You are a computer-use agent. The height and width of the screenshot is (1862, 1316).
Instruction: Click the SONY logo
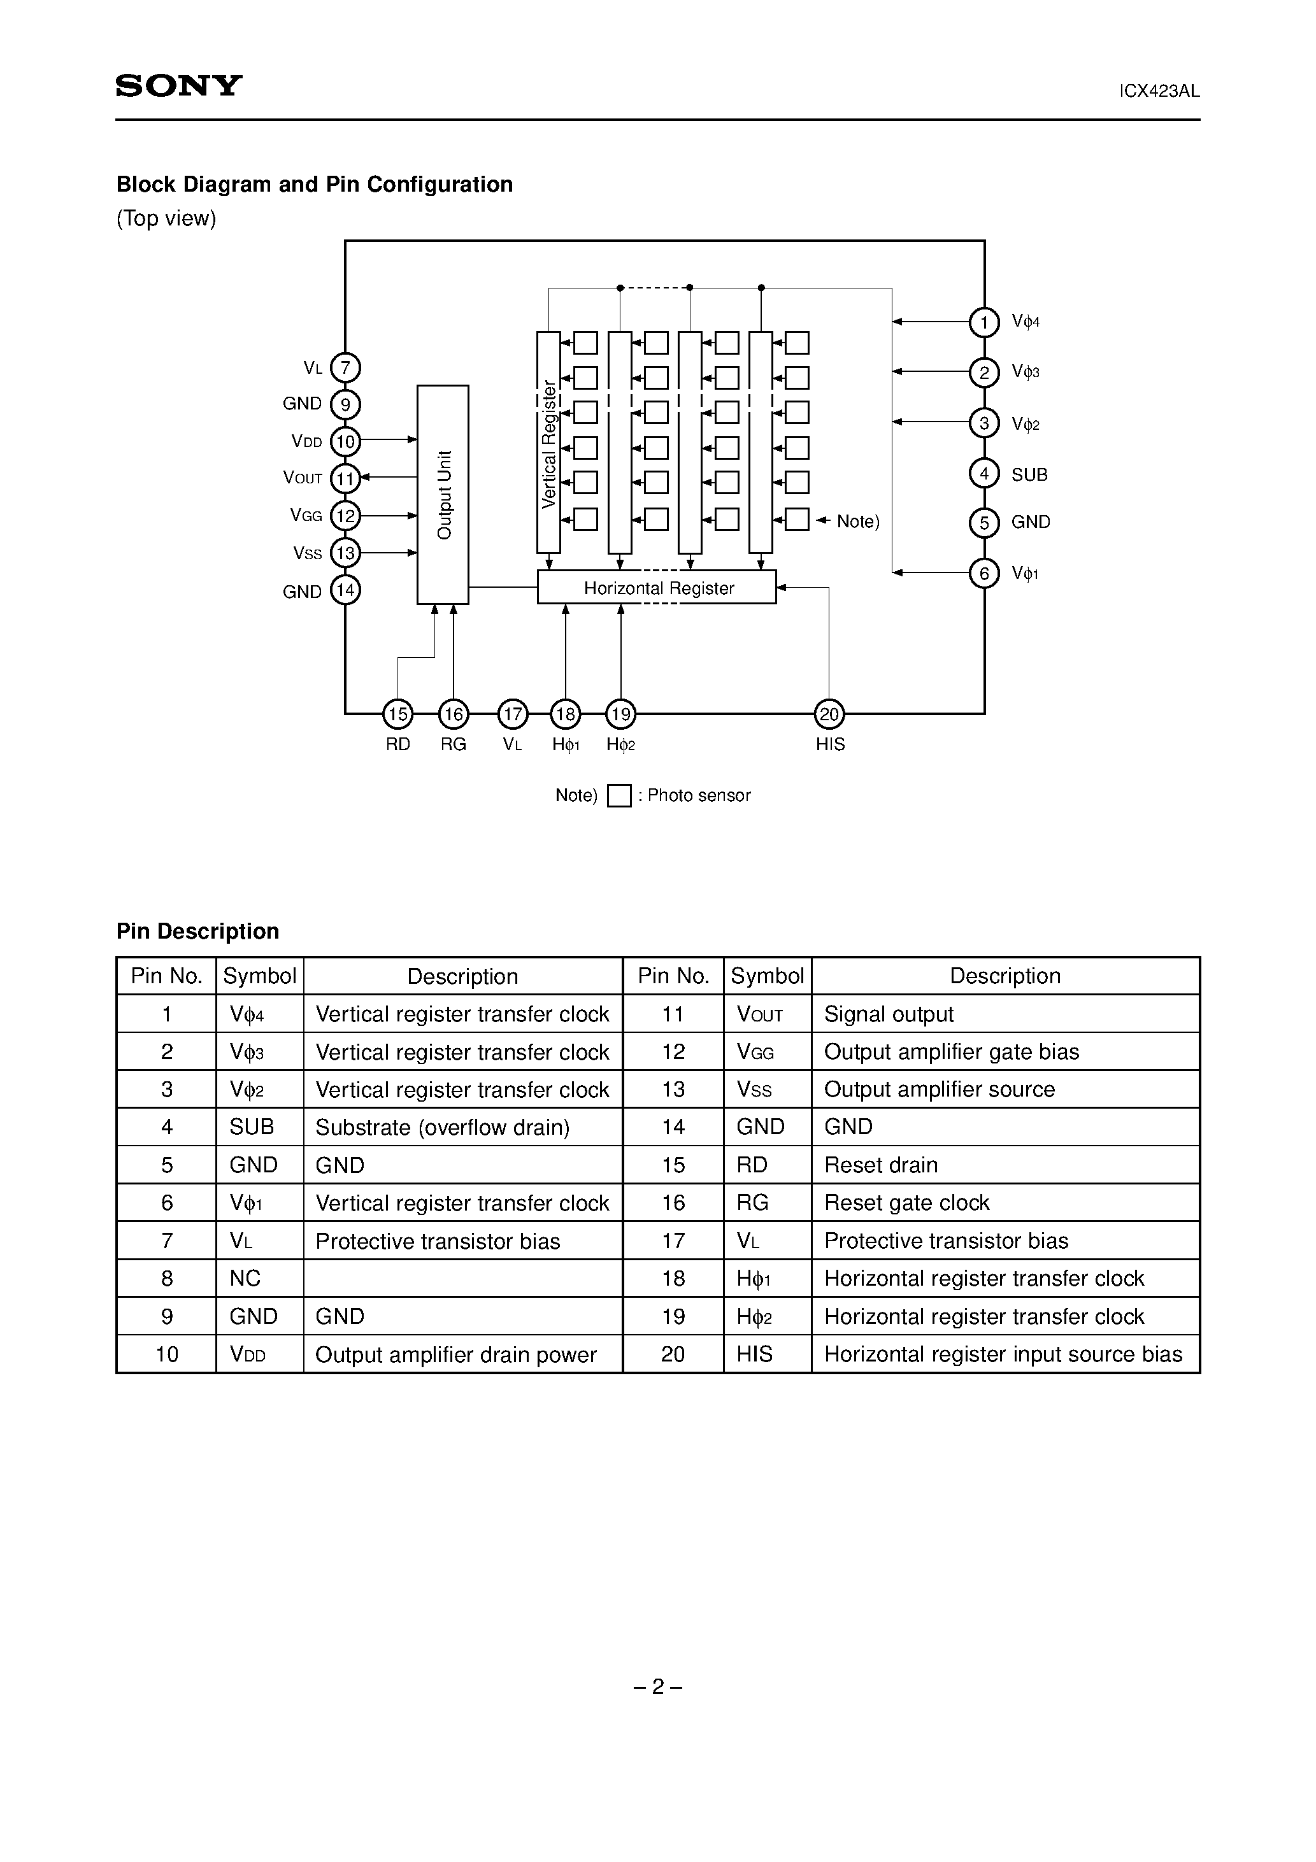click(178, 86)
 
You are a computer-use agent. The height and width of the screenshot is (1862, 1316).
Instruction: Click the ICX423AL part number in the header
click(1159, 92)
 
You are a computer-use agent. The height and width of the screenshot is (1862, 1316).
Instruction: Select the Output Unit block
click(442, 494)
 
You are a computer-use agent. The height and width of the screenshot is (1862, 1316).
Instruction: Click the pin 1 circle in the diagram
click(983, 323)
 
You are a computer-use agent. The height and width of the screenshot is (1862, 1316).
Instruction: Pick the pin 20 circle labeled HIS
click(828, 714)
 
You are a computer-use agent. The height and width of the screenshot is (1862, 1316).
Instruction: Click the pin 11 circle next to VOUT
click(346, 478)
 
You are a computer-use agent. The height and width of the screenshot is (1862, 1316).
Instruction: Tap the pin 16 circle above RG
click(453, 714)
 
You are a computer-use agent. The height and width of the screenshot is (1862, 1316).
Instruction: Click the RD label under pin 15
click(397, 744)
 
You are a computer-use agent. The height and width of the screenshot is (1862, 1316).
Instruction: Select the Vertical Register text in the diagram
click(549, 444)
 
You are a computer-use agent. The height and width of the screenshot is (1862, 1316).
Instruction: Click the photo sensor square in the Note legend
click(619, 795)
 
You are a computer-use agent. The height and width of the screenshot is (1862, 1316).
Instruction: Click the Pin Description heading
click(197, 931)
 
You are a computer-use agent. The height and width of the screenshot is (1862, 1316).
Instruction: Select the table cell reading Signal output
click(889, 1014)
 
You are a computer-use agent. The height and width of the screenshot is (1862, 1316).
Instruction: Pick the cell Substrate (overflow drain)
click(442, 1127)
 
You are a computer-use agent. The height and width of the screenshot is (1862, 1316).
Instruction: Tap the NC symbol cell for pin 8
click(245, 1278)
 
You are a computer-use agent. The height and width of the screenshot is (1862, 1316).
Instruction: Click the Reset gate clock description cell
click(906, 1203)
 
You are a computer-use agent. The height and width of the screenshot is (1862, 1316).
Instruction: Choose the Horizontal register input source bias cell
click(1003, 1354)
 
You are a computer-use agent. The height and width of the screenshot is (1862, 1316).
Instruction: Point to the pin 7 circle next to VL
click(346, 367)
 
